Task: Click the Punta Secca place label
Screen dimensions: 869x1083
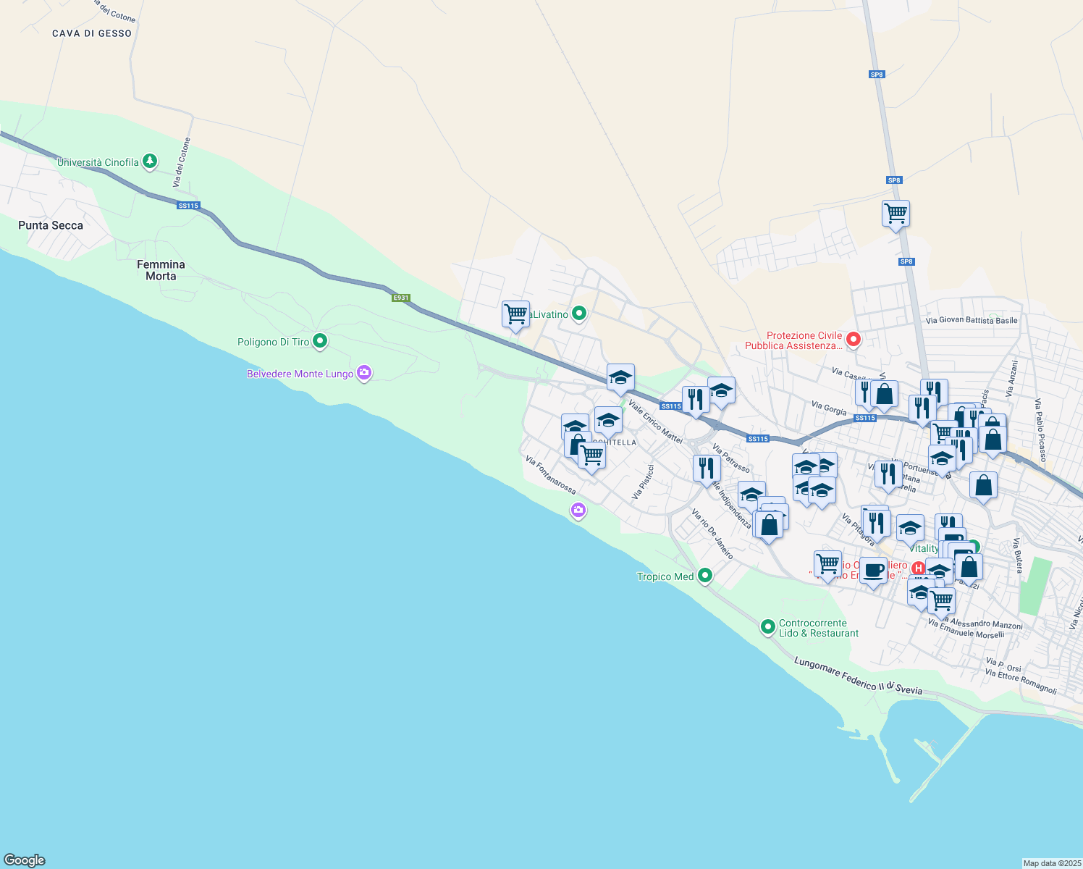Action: click(51, 225)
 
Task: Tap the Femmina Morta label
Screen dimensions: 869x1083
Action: click(161, 270)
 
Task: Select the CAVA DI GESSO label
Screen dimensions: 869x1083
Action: click(92, 33)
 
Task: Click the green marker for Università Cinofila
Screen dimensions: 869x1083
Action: click(150, 161)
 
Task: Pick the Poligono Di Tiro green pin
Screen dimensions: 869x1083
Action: click(320, 340)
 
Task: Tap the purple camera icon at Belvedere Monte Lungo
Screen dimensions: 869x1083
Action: click(364, 373)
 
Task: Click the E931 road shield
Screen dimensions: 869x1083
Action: click(401, 298)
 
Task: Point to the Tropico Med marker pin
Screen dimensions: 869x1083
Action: click(705, 576)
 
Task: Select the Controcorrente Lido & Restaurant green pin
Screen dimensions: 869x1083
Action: click(768, 626)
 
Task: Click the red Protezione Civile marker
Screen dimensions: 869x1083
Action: click(854, 338)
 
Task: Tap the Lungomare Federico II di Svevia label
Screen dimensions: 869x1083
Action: click(859, 675)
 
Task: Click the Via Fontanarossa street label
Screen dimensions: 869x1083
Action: click(551, 475)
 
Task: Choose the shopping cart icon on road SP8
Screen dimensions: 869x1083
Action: click(896, 214)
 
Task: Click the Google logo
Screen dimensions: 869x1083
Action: click(25, 860)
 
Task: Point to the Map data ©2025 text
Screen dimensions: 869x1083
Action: click(1052, 863)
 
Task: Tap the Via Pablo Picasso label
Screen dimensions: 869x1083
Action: click(1041, 430)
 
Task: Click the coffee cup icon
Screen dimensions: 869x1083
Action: click(874, 570)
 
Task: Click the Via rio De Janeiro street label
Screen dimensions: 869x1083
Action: click(713, 534)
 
